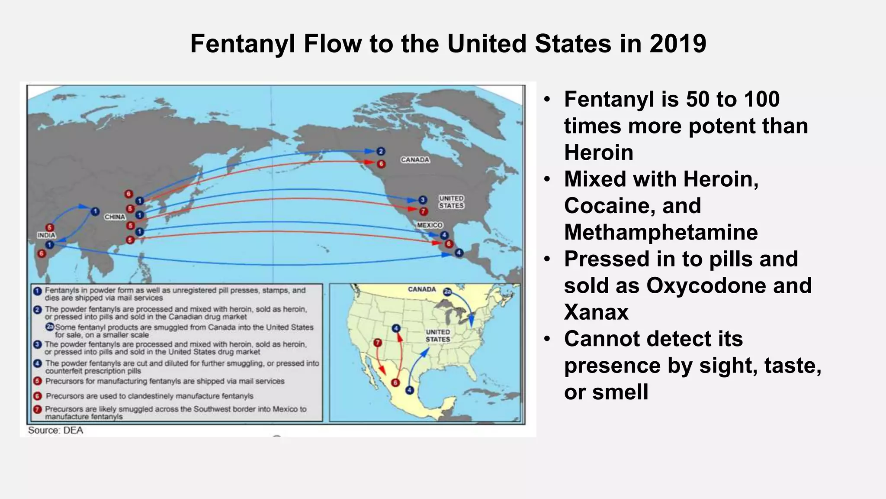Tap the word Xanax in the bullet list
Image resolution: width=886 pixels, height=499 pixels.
click(x=596, y=312)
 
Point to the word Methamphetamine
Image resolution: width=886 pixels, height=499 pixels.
click(x=661, y=232)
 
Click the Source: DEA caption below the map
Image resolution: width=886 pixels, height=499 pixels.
click(x=55, y=430)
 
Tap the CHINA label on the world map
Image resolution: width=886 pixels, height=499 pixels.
click(x=115, y=217)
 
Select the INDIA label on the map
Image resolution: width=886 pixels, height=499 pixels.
click(x=46, y=235)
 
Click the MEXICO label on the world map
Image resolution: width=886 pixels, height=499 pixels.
click(x=430, y=225)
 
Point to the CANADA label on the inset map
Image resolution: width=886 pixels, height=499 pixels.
click(x=422, y=289)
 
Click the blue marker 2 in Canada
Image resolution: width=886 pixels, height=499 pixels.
click(x=381, y=151)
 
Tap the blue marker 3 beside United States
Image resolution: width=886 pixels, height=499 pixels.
click(x=423, y=200)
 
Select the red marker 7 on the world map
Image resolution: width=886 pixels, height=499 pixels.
click(x=424, y=211)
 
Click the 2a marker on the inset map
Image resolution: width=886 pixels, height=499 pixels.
click(x=447, y=292)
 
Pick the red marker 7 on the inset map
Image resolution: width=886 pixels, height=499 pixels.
click(x=378, y=343)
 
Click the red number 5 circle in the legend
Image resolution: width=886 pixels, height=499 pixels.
click(x=38, y=381)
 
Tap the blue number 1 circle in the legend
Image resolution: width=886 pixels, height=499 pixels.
click(x=38, y=291)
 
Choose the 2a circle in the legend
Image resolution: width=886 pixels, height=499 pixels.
click(x=50, y=327)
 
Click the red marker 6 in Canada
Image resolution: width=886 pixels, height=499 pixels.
click(x=381, y=164)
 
